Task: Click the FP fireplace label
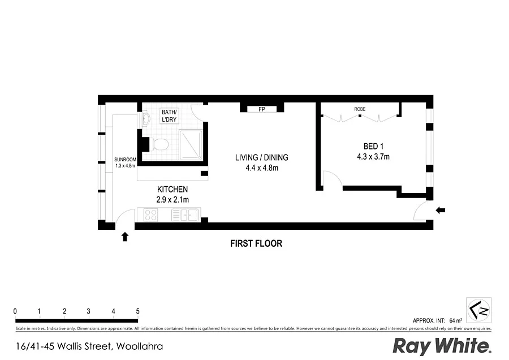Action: [262, 109]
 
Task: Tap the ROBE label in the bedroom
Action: [360, 109]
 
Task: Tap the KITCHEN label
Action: [172, 189]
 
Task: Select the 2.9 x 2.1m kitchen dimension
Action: [172, 200]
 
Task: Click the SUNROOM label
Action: [125, 160]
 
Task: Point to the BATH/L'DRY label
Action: [169, 115]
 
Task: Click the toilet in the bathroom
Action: [160, 144]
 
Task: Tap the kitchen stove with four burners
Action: [151, 215]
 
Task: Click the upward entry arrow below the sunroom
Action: [125, 236]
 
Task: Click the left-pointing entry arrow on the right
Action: [441, 211]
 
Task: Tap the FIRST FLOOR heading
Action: [256, 244]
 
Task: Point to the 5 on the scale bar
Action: [137, 311]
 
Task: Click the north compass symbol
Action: [478, 310]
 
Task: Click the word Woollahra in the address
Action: [140, 346]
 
